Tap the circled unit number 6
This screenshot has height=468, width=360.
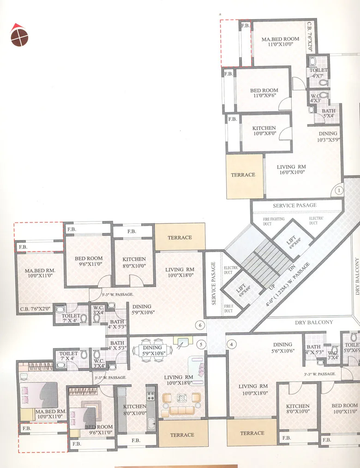click(199, 325)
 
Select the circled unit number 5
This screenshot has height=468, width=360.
click(201, 344)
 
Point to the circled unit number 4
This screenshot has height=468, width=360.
click(232, 344)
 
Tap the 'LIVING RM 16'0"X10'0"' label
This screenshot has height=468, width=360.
click(291, 171)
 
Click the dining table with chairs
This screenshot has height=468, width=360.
click(152, 350)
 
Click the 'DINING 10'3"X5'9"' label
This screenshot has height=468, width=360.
click(328, 137)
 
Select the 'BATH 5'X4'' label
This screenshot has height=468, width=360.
click(329, 114)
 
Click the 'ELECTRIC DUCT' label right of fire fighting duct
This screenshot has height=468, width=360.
click(316, 221)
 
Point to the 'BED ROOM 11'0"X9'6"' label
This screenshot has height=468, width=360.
click(264, 93)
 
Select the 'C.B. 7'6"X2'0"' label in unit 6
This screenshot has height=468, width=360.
click(35, 310)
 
